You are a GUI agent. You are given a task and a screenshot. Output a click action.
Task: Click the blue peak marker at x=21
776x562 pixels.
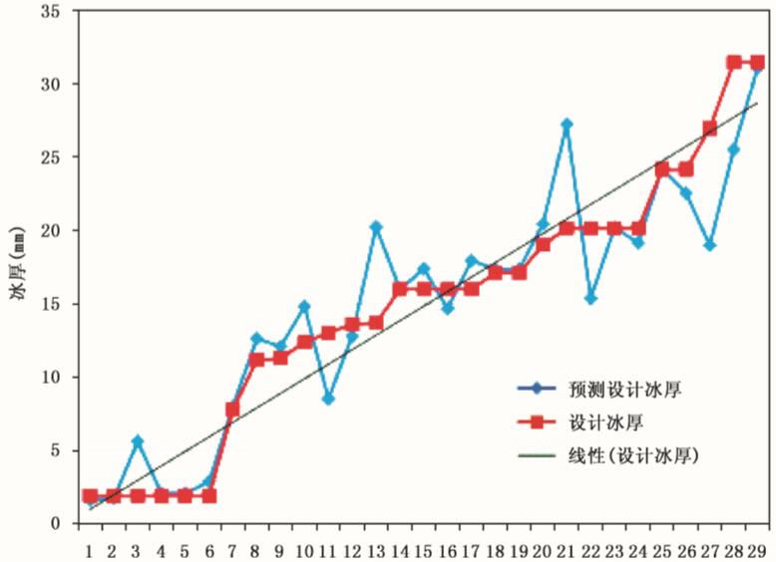567,125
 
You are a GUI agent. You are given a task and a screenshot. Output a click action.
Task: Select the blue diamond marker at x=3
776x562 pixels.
138,440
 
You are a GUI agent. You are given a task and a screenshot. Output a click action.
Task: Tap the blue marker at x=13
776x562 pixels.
376,227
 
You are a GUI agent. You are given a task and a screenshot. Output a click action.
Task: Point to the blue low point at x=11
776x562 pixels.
328,399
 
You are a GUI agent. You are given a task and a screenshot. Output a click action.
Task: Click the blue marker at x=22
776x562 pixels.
590,299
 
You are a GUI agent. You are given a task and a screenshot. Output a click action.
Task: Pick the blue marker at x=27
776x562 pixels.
709,244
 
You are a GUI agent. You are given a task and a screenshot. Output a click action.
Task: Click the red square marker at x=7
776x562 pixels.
232,410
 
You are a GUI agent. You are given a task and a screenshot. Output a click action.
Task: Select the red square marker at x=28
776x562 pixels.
734,62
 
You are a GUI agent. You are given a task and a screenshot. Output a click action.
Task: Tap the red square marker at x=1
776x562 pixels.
90,495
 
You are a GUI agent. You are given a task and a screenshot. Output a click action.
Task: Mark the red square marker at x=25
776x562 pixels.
662,169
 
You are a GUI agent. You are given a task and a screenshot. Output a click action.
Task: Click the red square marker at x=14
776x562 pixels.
400,289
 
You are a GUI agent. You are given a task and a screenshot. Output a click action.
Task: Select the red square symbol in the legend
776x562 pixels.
537,422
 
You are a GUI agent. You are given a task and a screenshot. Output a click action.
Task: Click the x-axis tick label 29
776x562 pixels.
756,549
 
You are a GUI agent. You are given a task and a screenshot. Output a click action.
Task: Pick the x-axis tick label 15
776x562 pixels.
423,549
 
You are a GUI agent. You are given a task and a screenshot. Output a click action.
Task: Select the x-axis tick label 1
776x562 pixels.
90,549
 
